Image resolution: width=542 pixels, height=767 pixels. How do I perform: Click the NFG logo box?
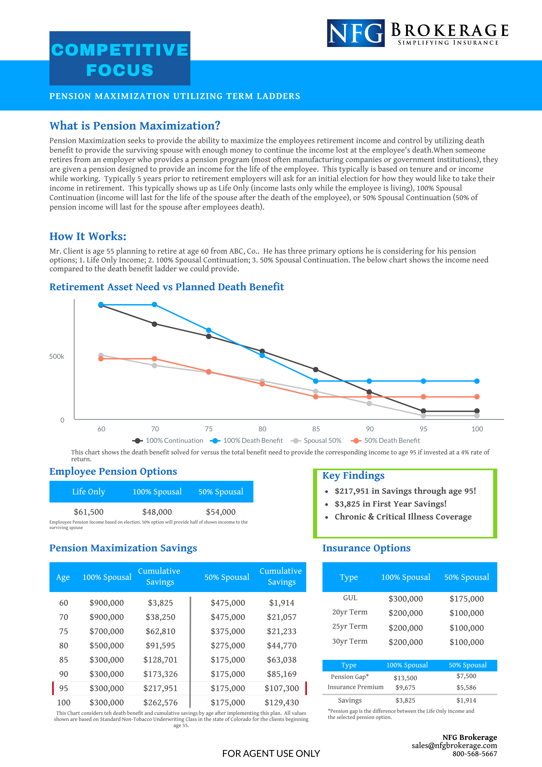[x=356, y=33]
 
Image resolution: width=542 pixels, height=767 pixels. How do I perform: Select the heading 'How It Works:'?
[x=88, y=236]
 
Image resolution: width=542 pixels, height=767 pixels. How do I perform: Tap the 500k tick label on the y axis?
[x=57, y=356]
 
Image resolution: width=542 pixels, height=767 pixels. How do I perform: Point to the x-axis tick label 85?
[x=316, y=429]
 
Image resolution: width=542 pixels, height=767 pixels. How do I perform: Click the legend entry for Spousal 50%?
[x=316, y=441]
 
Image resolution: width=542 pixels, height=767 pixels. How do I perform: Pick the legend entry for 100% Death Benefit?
[x=246, y=441]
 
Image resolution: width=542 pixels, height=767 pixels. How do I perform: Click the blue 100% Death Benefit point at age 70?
[x=154, y=305]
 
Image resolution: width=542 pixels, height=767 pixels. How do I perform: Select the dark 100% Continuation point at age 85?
[x=316, y=369]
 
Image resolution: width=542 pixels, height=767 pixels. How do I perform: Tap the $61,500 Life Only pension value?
[x=89, y=512]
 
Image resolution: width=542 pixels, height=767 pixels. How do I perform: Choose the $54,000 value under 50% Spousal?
[x=221, y=512]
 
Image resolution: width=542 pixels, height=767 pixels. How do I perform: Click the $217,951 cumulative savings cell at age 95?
[x=161, y=688]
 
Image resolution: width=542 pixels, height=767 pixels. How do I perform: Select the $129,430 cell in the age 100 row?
[x=282, y=703]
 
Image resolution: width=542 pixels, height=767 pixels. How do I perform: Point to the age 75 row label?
[x=63, y=631]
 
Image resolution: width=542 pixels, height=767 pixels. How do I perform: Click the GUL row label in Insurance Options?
[x=350, y=598]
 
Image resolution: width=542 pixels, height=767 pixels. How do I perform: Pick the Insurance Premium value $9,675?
[x=406, y=687]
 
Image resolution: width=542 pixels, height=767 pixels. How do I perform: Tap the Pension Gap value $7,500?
[x=467, y=676]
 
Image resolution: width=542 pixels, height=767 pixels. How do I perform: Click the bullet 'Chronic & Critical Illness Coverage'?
[x=403, y=517]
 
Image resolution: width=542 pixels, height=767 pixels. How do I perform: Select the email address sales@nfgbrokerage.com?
[x=454, y=746]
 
